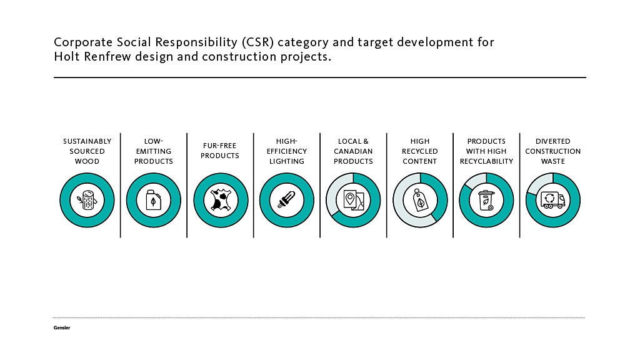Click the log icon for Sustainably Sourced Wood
click(x=87, y=200)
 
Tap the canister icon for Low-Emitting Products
click(x=153, y=200)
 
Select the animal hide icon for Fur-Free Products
click(x=220, y=200)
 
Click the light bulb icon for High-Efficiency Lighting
click(x=286, y=200)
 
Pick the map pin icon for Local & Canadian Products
click(x=353, y=200)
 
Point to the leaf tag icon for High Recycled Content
click(x=420, y=200)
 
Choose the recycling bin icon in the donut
click(x=486, y=200)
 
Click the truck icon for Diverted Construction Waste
click(x=552, y=200)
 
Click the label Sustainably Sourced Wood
click(x=87, y=151)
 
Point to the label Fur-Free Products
click(x=220, y=151)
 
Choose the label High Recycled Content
click(x=420, y=151)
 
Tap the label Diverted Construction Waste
click(x=552, y=151)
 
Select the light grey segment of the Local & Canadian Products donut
click(x=332, y=194)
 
